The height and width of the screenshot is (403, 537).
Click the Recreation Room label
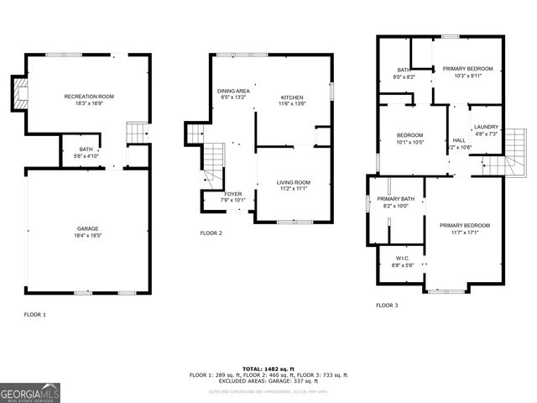[x=89, y=97]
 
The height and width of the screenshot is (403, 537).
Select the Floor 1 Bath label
[x=86, y=149]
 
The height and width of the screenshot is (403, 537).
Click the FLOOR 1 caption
[x=34, y=314]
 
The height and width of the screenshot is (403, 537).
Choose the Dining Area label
[x=234, y=91]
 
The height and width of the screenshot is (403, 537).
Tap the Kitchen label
[x=293, y=97]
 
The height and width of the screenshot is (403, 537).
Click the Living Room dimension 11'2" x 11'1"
[x=294, y=189]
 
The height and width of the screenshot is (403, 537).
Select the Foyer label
[x=233, y=193]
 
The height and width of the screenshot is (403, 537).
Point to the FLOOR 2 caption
[x=211, y=233]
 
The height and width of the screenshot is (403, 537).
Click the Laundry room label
[x=486, y=127]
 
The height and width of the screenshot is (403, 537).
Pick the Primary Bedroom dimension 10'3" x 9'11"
[x=467, y=75]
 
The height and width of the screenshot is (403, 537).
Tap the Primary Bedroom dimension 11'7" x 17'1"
[x=464, y=233]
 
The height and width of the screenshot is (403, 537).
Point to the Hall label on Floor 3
[x=459, y=140]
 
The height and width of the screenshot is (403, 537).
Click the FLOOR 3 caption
[x=386, y=306]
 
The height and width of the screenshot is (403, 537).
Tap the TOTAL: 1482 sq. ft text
[x=268, y=369]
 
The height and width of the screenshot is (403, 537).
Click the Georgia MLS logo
[x=30, y=392]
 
